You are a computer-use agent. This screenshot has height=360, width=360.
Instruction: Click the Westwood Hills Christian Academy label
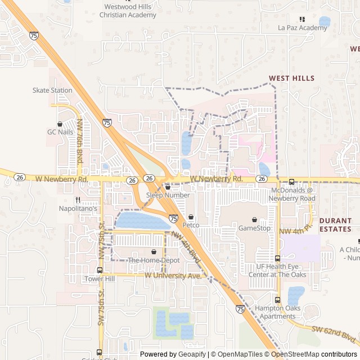click(128, 11)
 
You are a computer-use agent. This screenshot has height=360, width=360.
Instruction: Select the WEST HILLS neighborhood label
click(291, 78)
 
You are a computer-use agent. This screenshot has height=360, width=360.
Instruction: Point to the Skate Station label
click(52, 90)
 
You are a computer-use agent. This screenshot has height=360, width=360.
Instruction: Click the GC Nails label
click(60, 132)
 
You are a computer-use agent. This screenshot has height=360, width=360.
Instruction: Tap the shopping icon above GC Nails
click(60, 124)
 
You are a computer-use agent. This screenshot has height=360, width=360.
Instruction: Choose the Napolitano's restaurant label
click(78, 208)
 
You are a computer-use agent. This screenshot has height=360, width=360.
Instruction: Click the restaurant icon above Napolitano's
click(78, 200)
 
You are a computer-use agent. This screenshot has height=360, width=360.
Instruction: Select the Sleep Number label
click(168, 195)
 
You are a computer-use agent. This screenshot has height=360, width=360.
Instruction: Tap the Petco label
click(191, 225)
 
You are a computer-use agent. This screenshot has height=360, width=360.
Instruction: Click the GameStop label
click(254, 228)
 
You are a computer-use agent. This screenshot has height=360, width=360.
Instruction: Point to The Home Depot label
click(154, 260)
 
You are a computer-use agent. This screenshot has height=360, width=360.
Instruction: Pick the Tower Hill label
click(99, 279)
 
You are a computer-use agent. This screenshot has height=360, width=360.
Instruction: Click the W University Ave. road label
click(173, 276)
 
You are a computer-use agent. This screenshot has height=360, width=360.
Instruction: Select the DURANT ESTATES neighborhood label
click(335, 225)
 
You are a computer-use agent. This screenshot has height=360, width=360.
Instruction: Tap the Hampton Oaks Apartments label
click(277, 312)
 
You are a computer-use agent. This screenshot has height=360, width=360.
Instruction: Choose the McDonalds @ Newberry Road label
click(291, 195)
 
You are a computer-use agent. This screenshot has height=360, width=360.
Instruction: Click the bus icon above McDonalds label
click(291, 182)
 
